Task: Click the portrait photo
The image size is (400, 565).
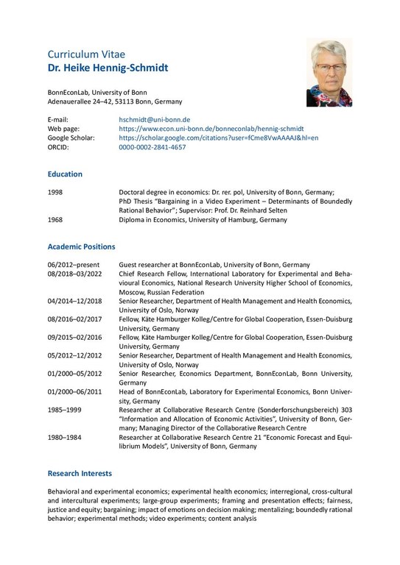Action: point(330,74)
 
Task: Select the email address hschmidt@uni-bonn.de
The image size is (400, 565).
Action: point(155,118)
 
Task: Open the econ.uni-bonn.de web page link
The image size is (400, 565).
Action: point(211,128)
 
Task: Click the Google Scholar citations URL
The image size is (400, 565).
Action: point(218,138)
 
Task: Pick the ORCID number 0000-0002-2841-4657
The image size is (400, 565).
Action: point(152,147)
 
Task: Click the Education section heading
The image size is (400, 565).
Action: point(65,174)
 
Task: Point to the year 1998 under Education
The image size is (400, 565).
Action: point(56,191)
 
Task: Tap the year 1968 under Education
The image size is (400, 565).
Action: point(56,220)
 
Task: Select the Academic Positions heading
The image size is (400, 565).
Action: point(81,246)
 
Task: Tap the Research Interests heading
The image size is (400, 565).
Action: point(80,473)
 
